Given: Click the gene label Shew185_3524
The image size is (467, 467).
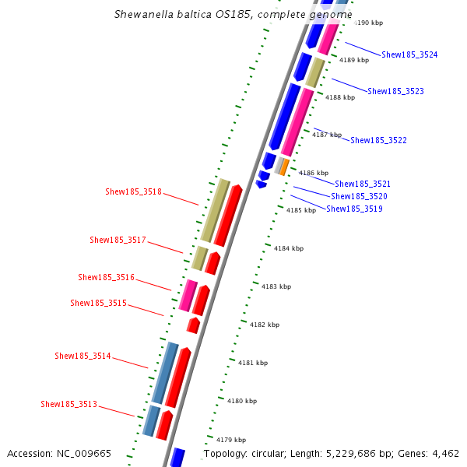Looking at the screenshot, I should click(409, 54).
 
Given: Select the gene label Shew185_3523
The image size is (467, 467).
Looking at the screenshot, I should click(395, 91).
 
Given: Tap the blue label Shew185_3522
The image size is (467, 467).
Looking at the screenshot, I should click(378, 140).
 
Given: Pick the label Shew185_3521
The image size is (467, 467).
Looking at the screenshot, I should click(363, 184).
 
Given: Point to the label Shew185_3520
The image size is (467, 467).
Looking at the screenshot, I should click(359, 196).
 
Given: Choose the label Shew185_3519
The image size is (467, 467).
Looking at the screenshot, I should click(354, 209).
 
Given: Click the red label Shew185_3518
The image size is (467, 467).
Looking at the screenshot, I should click(133, 191).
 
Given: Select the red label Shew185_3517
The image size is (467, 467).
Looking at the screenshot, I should click(118, 240).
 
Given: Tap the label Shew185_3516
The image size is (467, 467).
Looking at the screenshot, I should click(106, 277).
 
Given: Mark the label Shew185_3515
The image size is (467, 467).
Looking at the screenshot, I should click(98, 303).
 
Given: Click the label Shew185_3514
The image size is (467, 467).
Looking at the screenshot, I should click(83, 356).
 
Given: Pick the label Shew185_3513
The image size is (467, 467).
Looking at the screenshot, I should click(68, 404).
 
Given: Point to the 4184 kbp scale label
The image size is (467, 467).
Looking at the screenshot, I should click(289, 248).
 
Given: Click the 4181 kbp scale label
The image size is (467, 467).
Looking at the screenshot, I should click(253, 363).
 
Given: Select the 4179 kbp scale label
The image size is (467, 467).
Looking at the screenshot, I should click(231, 439).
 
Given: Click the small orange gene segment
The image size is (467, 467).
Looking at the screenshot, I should click(285, 166).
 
